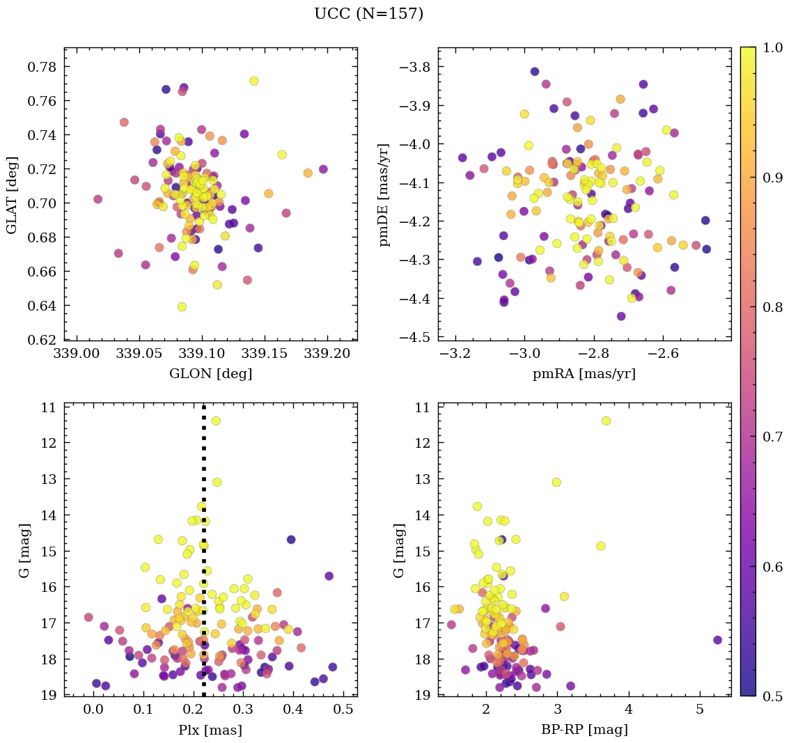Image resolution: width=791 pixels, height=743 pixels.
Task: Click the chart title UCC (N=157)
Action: coord(368,14)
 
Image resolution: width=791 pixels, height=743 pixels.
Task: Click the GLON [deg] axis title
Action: coord(210,374)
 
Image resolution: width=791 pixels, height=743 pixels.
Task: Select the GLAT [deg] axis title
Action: coord(13,194)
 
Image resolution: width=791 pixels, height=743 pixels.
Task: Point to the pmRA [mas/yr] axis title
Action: coord(584,374)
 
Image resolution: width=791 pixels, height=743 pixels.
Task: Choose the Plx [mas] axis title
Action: coord(210,730)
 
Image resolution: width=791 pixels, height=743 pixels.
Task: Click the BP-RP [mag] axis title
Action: coord(584,730)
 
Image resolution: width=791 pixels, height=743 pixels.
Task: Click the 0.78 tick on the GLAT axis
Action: coord(42,67)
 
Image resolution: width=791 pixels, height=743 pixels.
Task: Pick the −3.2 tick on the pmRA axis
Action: coord(455,354)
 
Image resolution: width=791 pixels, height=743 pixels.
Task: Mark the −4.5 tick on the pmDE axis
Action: coord(415,338)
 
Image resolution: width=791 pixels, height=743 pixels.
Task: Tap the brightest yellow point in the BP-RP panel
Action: coord(606,421)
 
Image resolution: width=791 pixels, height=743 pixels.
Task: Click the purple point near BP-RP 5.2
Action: coord(717,640)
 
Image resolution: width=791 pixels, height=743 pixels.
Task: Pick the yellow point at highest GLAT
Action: coord(254,81)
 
